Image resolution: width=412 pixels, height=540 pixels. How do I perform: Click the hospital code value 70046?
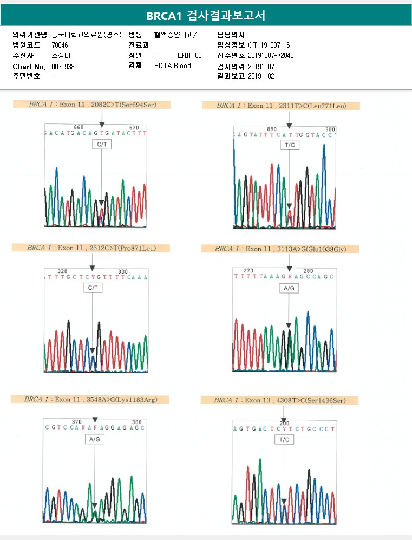(60, 45)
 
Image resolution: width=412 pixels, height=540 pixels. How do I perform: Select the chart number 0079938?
(63, 66)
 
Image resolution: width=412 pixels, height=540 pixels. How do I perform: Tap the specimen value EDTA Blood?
(173, 66)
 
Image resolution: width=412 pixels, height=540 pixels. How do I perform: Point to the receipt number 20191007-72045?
(271, 56)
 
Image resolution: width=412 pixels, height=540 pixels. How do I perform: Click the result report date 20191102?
(261, 76)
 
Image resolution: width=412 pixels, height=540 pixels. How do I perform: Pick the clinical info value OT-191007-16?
(269, 45)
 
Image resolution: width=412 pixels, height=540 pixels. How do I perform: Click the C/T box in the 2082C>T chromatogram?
(101, 145)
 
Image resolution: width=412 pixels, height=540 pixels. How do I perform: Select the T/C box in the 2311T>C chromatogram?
(289, 146)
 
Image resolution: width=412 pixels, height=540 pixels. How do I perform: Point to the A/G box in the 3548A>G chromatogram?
(95, 440)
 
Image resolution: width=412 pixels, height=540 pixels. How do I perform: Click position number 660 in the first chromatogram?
(79, 127)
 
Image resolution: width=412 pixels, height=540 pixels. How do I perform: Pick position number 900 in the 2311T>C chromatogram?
(330, 129)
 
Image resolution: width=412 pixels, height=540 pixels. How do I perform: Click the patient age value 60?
(198, 56)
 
